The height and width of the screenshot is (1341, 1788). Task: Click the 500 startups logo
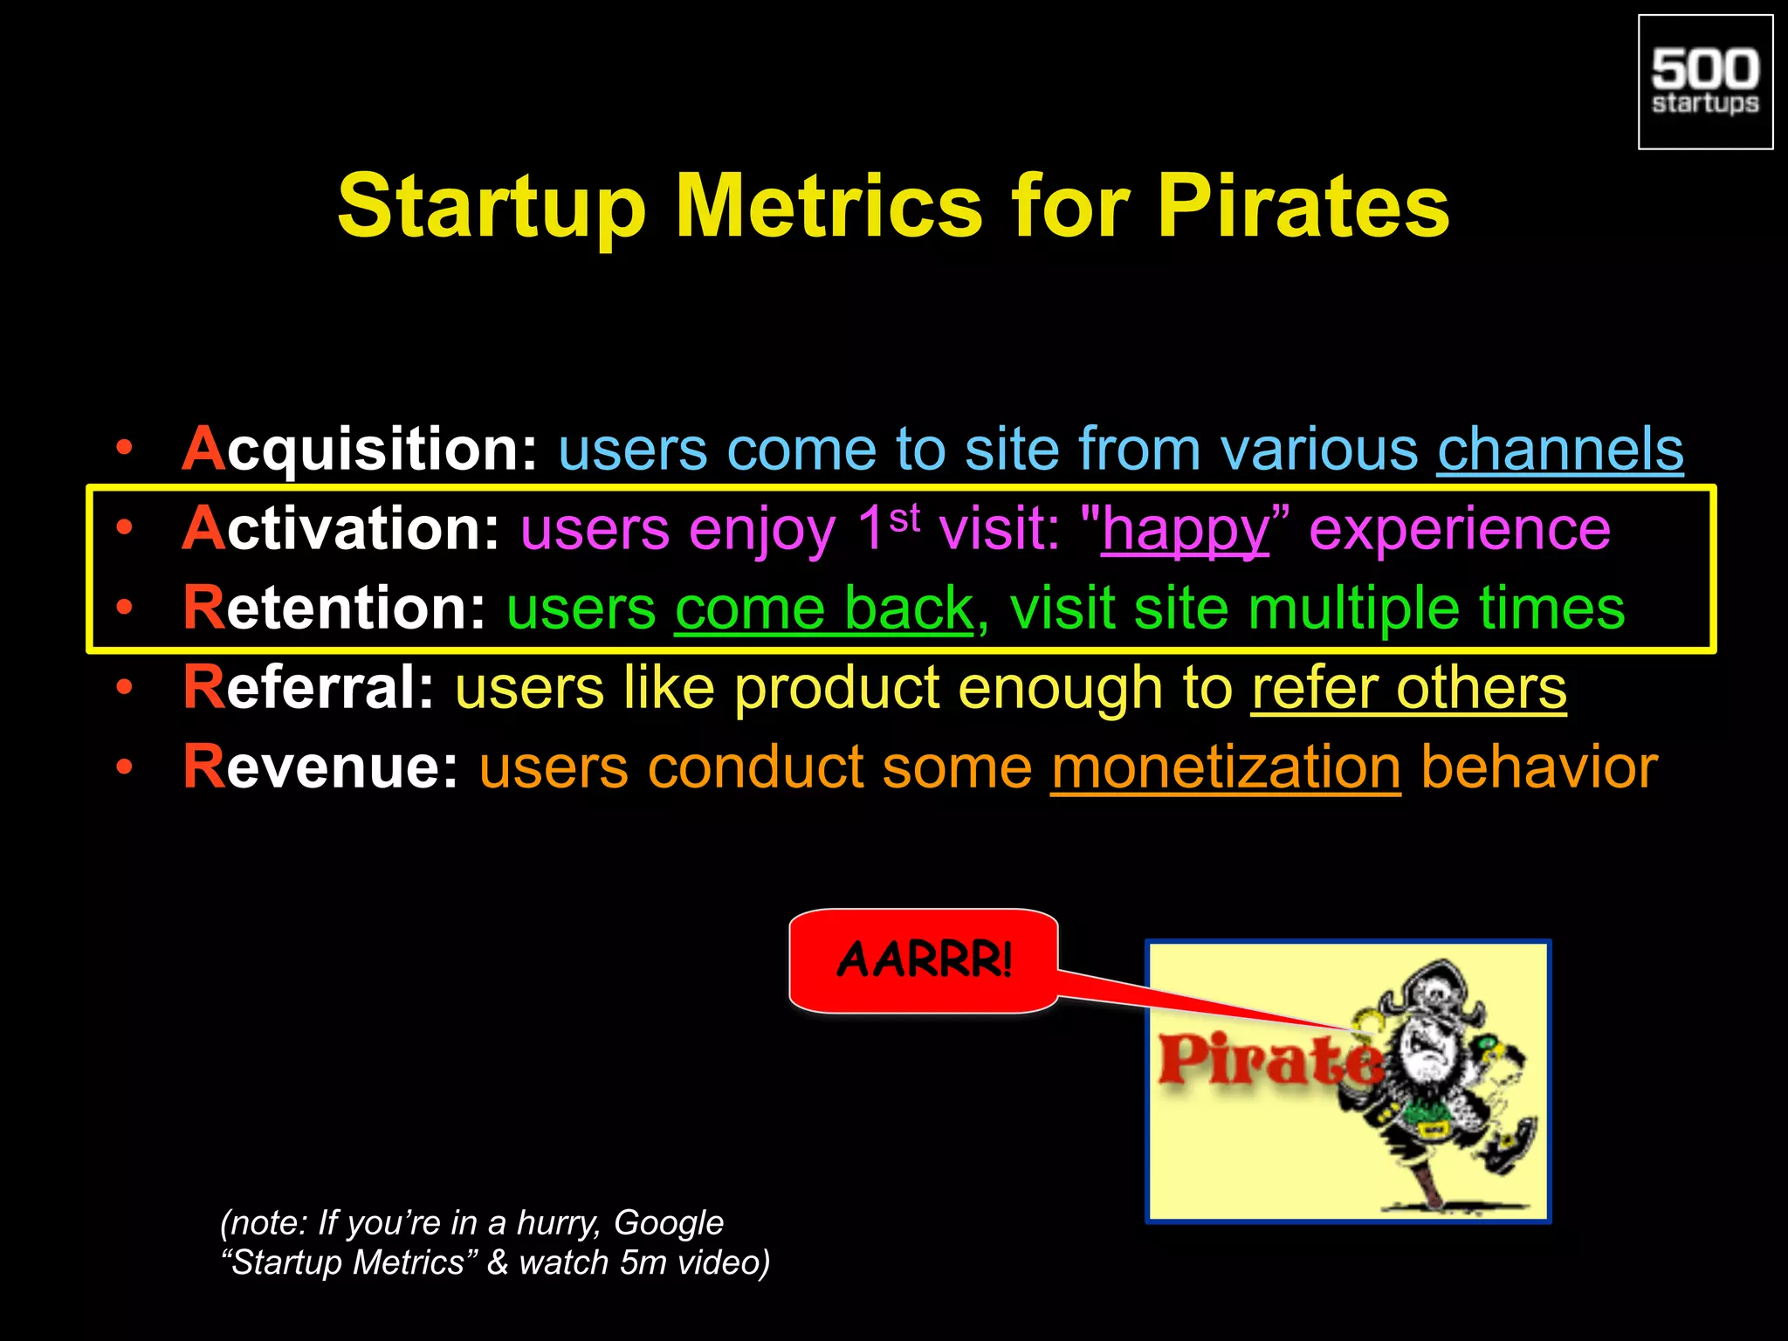(1705, 82)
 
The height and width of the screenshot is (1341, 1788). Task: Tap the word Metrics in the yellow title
(829, 206)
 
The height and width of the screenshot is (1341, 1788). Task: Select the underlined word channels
(1560, 450)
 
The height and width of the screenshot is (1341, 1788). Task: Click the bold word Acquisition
(360, 450)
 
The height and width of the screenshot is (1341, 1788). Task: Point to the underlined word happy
(1185, 529)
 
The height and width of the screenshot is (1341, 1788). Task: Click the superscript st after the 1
(904, 519)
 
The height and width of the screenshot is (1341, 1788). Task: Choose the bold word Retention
(334, 609)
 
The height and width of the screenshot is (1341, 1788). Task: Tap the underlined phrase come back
(823, 609)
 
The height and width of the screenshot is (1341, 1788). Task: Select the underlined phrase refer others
(1408, 688)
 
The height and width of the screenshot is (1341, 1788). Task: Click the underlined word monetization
(1226, 767)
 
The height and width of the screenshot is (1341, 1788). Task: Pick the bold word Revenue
(320, 767)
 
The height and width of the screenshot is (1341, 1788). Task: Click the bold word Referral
(308, 688)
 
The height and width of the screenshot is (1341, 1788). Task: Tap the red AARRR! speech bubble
(923, 960)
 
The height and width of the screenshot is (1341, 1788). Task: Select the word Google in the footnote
(668, 1223)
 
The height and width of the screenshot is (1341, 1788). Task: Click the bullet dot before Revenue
(125, 767)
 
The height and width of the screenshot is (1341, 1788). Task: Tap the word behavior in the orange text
(1538, 767)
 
